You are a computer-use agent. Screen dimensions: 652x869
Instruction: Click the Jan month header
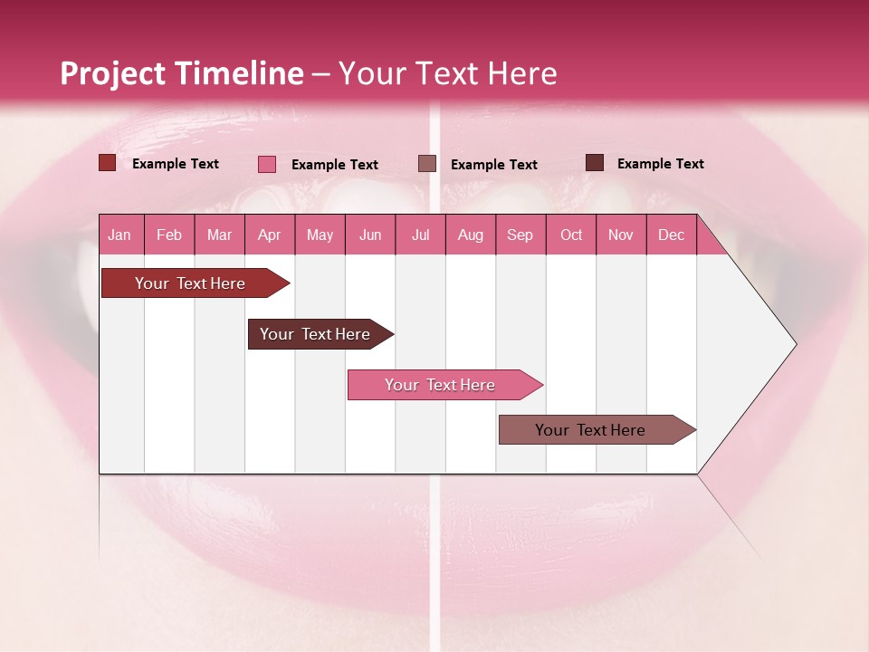coord(119,235)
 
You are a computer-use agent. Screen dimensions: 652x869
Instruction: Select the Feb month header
coord(169,235)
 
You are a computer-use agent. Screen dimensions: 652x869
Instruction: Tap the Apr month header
coord(269,235)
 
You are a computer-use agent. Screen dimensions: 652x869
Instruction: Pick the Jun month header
coord(370,235)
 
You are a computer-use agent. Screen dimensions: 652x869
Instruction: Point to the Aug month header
coord(470,235)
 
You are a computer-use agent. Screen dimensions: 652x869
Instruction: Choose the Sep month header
coord(520,235)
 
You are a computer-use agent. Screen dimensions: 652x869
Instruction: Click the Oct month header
coord(571,235)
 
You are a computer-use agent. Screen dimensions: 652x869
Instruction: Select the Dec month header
coord(671,235)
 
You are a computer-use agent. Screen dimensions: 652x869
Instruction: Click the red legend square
coord(108,163)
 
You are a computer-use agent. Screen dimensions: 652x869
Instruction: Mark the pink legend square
coord(267,164)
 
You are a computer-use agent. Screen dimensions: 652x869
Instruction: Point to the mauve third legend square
coord(427,164)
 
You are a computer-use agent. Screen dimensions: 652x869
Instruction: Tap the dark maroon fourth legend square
coord(595,163)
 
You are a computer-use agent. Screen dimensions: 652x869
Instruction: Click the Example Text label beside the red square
coord(176,164)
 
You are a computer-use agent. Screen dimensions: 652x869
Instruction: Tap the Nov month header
coord(620,235)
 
